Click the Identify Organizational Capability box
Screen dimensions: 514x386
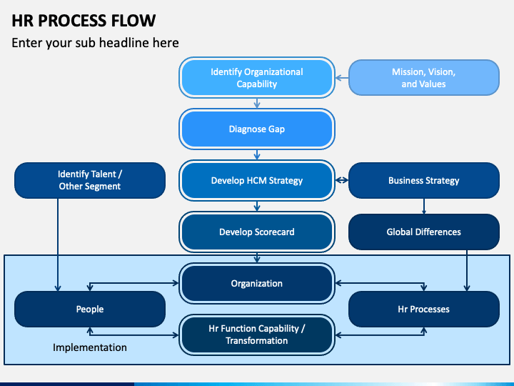pos(257,78)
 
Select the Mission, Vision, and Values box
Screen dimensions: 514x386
pos(424,78)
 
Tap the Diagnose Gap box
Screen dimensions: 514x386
pos(257,129)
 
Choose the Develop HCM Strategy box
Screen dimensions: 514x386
pos(257,181)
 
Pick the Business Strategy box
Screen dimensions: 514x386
pos(424,181)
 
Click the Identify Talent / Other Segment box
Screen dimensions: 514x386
pos(90,181)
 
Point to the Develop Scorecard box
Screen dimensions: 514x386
pos(257,232)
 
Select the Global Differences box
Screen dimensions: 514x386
pos(424,232)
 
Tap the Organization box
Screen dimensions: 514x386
pos(257,283)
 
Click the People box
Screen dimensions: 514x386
pos(90,310)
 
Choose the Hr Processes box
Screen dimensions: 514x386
pos(424,310)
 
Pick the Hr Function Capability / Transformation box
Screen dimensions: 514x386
pos(257,335)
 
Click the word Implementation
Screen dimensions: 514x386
pos(90,347)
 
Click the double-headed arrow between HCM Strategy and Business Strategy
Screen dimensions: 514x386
pos(341,180)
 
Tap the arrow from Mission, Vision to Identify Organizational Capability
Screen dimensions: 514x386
pos(342,78)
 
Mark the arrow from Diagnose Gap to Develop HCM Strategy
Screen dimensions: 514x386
pos(257,155)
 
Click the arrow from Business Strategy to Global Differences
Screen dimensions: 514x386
pos(424,206)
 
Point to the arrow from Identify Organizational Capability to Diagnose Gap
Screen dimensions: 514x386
pos(257,104)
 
